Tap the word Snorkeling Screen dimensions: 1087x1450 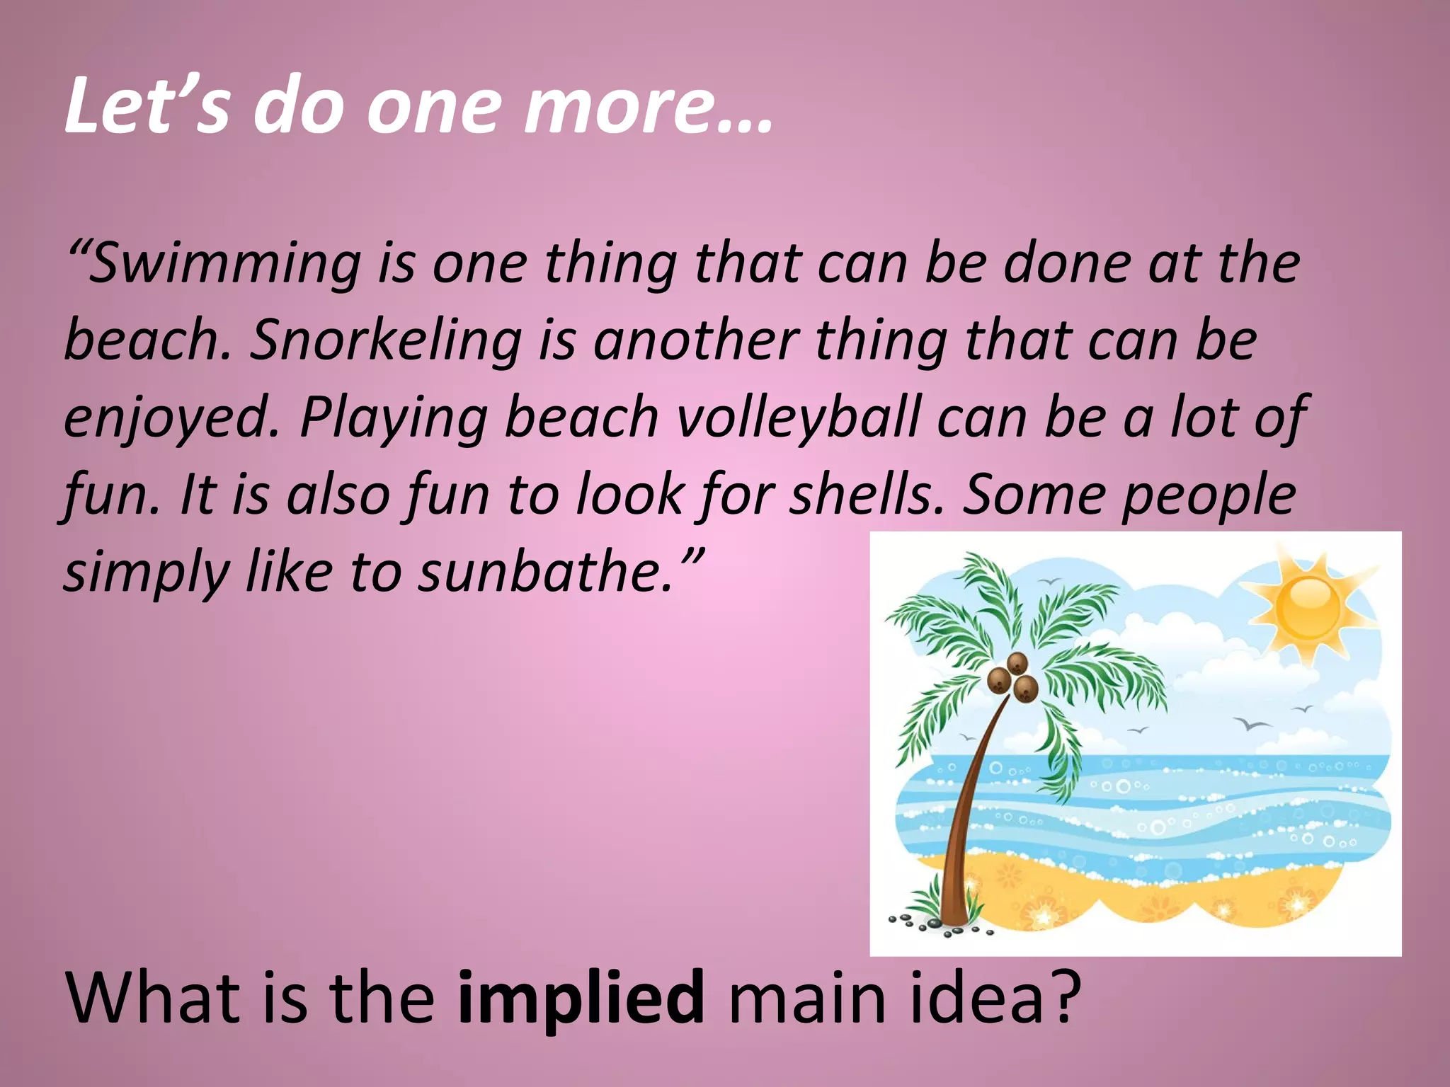click(386, 341)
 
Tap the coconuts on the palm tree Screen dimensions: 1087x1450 click(1012, 677)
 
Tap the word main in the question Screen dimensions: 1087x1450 click(806, 998)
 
